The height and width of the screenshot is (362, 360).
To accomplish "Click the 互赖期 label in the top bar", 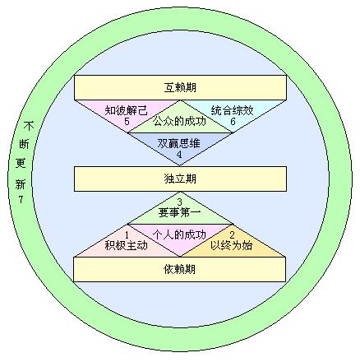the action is click(180, 87).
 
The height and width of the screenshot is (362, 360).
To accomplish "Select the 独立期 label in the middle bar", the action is click(180, 179).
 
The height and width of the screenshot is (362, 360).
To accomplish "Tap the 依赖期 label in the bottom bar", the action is click(180, 269).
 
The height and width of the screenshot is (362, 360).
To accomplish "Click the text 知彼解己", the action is click(127, 110).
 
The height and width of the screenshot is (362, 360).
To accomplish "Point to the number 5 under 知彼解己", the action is click(127, 122).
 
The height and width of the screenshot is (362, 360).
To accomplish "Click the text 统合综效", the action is click(233, 110).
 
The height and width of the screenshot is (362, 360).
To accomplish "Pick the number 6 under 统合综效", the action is click(233, 122).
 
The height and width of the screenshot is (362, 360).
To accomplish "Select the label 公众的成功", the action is click(179, 121).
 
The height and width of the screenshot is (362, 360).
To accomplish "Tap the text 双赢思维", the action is click(179, 143).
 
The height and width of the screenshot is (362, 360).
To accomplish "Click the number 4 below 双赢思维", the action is click(179, 155).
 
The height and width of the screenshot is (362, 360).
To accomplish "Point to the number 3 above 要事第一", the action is click(179, 202).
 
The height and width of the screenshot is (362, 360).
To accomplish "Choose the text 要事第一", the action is click(180, 212).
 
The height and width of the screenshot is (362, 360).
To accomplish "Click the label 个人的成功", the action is click(179, 234).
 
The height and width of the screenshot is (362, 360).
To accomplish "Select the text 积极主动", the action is click(127, 245).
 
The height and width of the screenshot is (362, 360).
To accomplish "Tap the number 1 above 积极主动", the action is click(127, 235).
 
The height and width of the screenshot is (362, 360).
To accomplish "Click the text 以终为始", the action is click(232, 245).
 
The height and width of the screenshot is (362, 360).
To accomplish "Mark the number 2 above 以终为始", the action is click(232, 235).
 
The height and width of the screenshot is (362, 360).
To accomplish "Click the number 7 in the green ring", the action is click(21, 199).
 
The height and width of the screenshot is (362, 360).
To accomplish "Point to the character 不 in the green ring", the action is click(29, 127).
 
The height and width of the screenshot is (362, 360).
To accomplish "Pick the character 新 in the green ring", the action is click(21, 184).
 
